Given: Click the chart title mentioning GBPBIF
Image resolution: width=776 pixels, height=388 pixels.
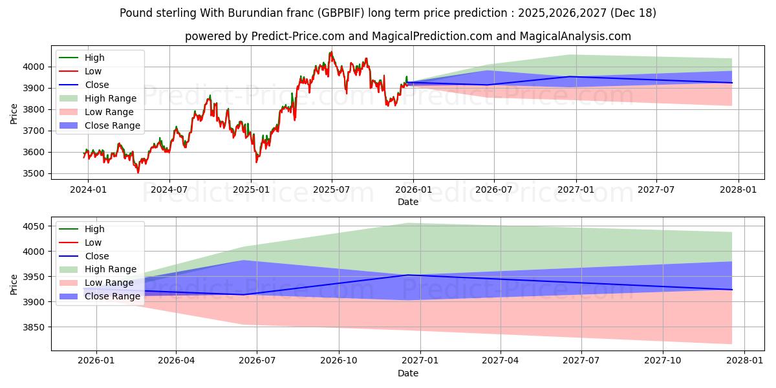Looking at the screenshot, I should point(388,13).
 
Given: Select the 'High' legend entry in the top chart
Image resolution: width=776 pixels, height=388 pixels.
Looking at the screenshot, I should point(94,58).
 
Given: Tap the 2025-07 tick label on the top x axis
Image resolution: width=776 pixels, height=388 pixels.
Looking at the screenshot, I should point(332,189).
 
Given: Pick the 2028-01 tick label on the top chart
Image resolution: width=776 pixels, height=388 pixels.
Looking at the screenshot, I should point(738,189).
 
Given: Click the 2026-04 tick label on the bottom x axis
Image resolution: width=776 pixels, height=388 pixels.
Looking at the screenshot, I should point(177,361).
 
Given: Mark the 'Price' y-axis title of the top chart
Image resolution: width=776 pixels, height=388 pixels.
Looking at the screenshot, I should point(14,113).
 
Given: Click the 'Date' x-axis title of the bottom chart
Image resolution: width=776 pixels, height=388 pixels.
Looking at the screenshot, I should point(407,373).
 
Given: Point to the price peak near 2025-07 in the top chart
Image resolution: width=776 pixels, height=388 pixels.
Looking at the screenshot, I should point(331,52).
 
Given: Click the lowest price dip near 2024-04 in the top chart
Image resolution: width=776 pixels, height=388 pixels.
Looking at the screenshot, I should point(138,172).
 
